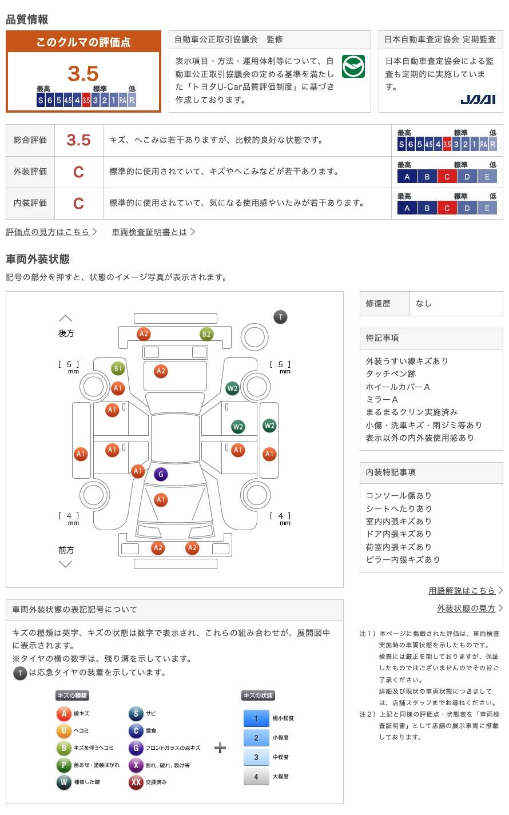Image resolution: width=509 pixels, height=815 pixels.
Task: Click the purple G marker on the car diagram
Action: [161, 474]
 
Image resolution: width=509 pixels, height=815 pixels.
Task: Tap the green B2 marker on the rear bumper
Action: [206, 334]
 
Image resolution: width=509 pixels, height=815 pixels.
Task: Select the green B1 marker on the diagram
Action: [118, 368]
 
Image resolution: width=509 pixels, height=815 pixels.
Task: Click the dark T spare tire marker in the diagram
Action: [280, 317]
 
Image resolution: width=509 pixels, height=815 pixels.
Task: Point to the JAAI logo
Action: [478, 100]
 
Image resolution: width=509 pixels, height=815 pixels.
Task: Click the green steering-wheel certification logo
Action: [353, 66]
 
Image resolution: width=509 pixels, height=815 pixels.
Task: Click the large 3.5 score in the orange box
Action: [83, 74]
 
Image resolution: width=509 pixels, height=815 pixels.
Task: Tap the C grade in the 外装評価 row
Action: [78, 172]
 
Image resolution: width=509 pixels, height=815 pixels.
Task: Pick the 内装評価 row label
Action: [30, 203]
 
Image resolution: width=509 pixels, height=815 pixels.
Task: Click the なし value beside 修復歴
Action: [424, 304]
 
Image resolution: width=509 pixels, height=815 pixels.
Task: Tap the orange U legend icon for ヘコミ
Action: [63, 730]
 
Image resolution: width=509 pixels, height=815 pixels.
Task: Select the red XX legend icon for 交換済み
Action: [136, 782]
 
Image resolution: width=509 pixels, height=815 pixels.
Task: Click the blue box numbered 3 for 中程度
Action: [256, 757]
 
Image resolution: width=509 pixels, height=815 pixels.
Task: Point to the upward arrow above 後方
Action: [66, 318]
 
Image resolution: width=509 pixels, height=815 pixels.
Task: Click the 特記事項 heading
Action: [382, 338]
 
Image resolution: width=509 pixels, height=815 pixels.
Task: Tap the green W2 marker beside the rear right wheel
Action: [232, 388]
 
